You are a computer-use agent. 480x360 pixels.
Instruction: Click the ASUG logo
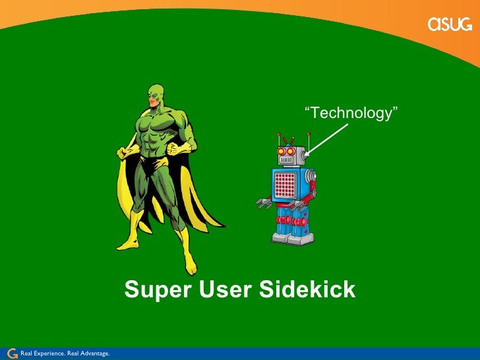click(450, 24)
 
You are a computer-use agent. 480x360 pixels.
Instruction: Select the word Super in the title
click(152, 289)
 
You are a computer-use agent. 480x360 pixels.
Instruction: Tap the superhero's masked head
click(155, 97)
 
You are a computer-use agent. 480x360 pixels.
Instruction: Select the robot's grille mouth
click(287, 159)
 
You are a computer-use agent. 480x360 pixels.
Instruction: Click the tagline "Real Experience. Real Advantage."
click(65, 354)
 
